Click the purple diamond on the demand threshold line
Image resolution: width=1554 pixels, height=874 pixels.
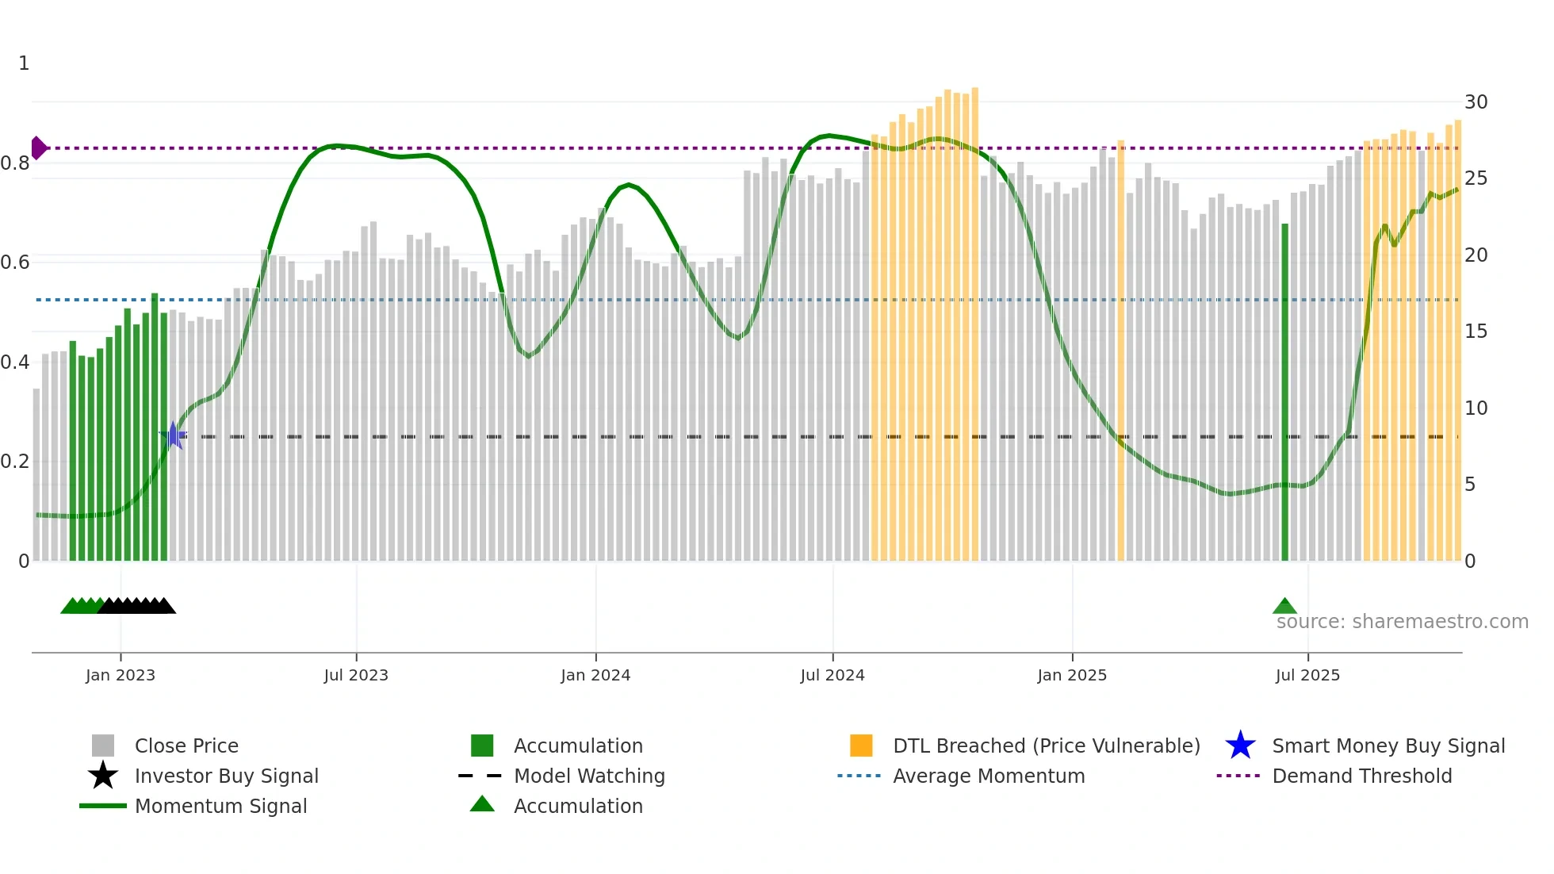point(38,148)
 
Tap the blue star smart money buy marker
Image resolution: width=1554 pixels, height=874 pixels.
point(173,435)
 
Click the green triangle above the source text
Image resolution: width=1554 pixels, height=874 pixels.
point(1284,607)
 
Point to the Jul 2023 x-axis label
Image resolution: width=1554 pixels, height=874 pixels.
point(356,675)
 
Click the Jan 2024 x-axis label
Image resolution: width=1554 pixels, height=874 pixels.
point(595,675)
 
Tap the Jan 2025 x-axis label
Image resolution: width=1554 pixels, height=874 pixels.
point(1072,675)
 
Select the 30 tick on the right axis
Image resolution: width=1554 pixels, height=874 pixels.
point(1476,102)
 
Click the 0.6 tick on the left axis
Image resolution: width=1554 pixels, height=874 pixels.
point(15,263)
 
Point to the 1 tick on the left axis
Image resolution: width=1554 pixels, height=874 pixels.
point(24,63)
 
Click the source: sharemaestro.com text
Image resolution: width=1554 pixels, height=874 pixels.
point(1402,622)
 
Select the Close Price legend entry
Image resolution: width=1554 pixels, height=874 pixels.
point(186,746)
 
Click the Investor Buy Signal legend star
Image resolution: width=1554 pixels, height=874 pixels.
point(103,776)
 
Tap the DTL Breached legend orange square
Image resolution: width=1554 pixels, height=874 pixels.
point(861,746)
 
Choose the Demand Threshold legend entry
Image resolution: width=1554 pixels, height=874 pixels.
point(1361,776)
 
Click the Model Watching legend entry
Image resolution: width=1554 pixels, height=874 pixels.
point(588,776)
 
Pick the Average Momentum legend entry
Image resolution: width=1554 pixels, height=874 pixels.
point(988,776)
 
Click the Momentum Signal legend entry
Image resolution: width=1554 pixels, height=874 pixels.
point(220,806)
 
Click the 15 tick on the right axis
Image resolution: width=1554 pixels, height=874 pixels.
point(1476,332)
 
